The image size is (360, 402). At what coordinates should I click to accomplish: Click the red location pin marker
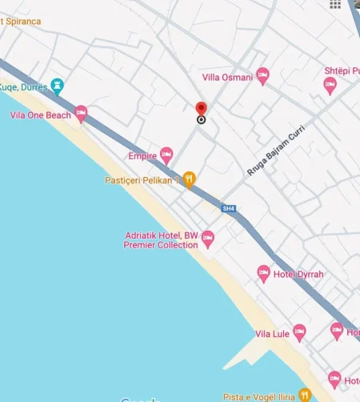[x=201, y=110]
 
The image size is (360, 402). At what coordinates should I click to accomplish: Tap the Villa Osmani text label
[x=227, y=77]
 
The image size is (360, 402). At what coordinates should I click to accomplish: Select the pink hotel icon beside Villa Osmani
[x=262, y=76]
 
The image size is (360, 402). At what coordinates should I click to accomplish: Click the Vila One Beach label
[x=41, y=115]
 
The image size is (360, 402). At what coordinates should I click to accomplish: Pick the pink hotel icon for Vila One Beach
[x=81, y=115]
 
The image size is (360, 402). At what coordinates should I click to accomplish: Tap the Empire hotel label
[x=142, y=156]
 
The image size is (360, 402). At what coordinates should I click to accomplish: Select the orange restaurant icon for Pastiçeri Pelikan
[x=189, y=179]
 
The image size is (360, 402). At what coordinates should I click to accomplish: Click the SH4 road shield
[x=229, y=209]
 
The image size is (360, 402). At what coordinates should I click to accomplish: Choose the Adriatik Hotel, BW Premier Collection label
[x=161, y=240]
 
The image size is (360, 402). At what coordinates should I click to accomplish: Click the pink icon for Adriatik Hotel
[x=208, y=239]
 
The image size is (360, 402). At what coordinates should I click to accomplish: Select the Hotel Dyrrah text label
[x=298, y=275]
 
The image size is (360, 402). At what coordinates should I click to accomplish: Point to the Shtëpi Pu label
[x=342, y=70]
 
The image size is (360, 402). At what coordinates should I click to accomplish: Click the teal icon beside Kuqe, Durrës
[x=56, y=85]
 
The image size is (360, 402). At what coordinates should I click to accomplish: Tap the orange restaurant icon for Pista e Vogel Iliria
[x=304, y=396]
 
